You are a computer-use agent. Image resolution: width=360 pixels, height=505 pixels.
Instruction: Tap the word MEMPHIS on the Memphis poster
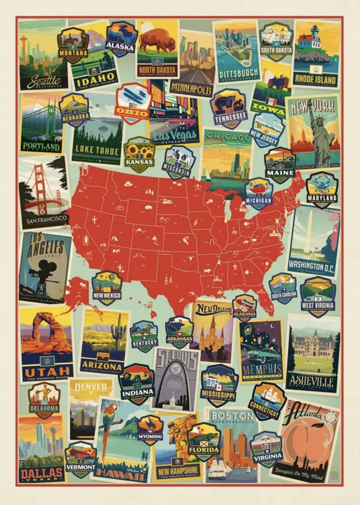(x=262, y=370)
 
